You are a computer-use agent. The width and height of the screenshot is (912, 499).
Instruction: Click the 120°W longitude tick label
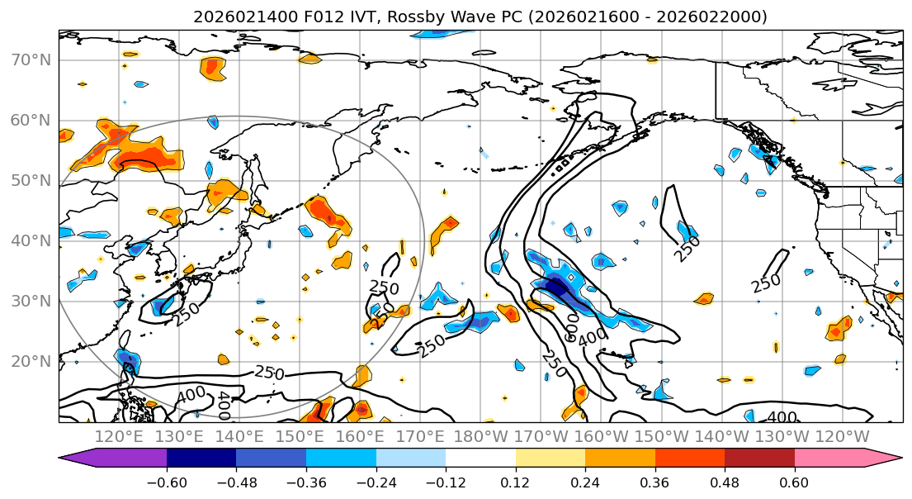pos(842,436)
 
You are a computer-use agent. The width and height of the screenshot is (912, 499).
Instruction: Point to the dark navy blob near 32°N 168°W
pos(556,288)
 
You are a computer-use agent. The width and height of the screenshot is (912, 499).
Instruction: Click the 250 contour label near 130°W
pos(765,283)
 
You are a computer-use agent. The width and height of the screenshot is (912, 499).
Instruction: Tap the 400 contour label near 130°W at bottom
pos(782,417)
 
